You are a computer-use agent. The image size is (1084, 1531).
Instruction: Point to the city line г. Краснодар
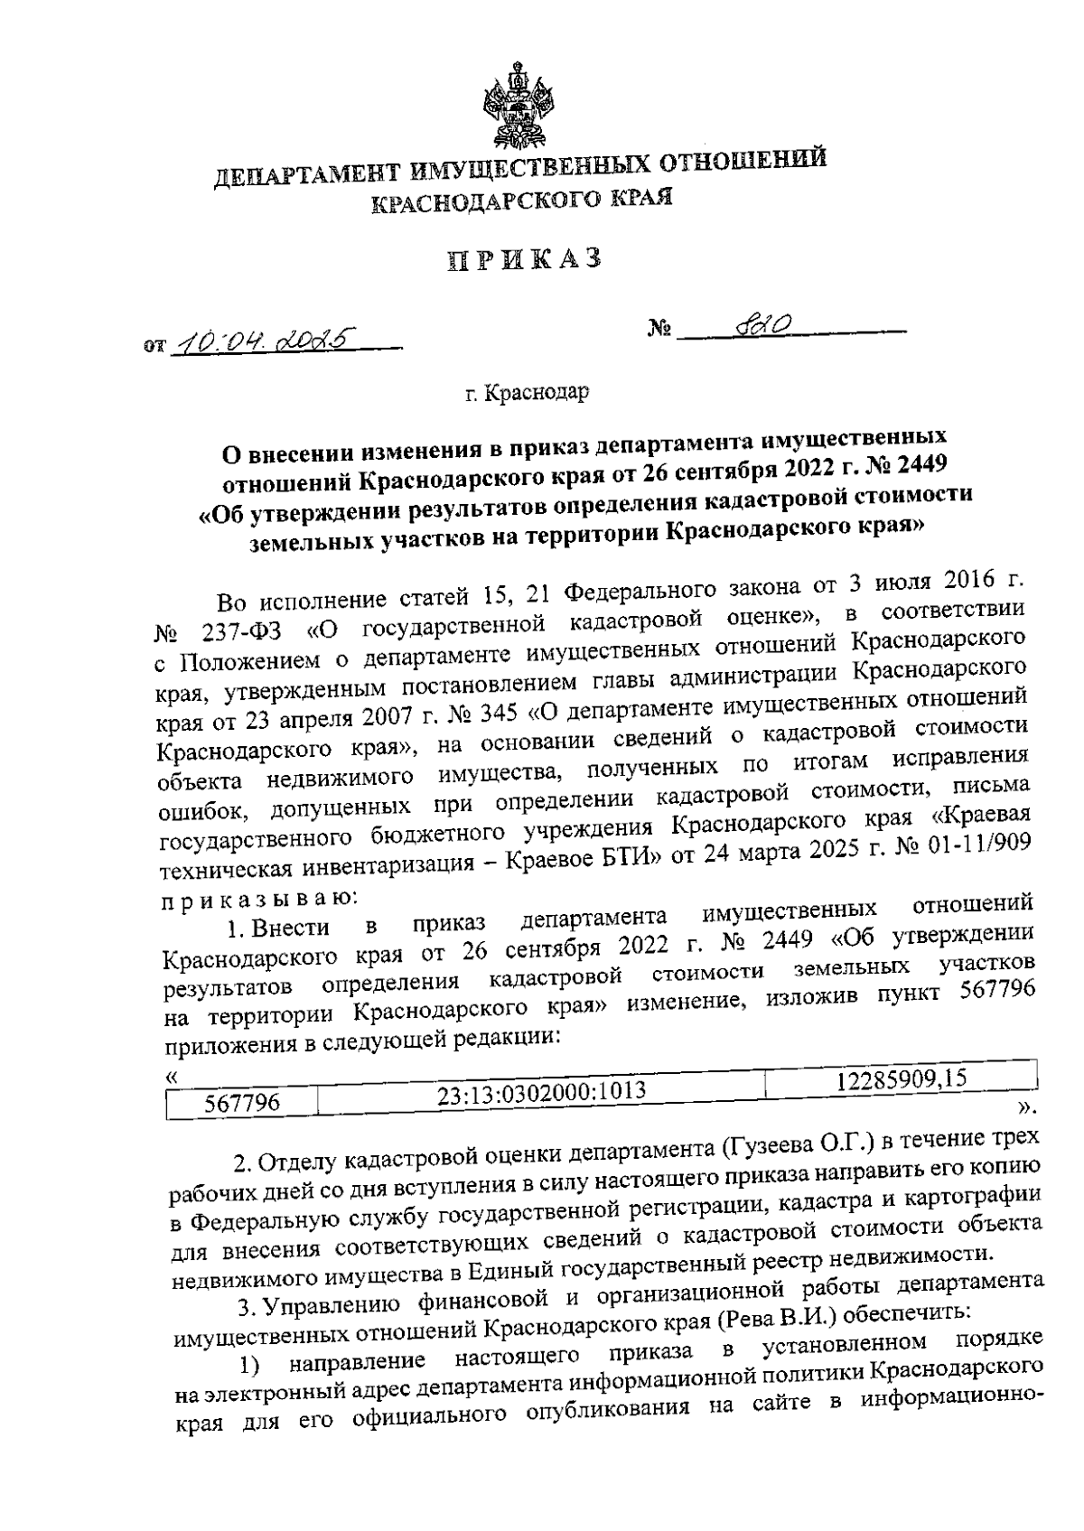point(528,394)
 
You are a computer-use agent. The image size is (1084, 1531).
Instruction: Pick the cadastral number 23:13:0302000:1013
point(542,1093)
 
